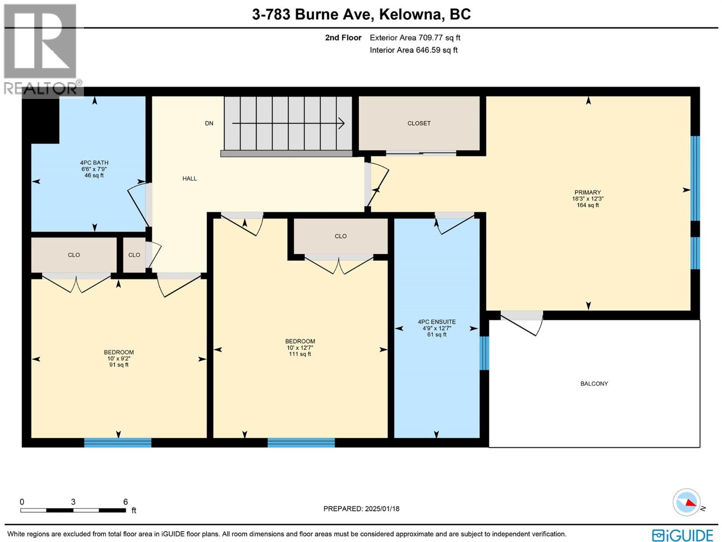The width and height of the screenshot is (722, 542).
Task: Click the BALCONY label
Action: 594,383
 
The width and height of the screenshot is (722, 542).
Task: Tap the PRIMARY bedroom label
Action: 588,192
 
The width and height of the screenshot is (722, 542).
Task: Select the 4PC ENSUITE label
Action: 436,322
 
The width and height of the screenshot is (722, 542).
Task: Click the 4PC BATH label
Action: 94,163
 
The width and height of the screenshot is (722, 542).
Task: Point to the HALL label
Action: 190,178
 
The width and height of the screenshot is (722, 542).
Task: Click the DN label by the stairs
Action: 209,123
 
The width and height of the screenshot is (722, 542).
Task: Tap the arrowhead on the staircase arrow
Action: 342,123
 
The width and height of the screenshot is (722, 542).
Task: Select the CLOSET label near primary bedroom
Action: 419,123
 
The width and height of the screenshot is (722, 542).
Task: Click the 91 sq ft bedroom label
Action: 119,352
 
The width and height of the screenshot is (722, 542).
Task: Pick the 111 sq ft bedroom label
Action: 300,341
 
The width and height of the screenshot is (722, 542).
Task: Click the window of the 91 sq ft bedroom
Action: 118,443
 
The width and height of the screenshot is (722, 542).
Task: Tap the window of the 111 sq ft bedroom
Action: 301,443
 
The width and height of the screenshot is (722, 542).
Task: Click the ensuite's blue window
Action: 484,353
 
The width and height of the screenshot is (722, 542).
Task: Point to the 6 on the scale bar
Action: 125,502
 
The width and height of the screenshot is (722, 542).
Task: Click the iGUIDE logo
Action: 682,535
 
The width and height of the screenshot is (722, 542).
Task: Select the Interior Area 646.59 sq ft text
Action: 413,50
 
